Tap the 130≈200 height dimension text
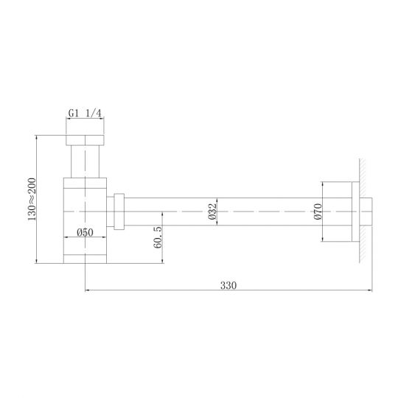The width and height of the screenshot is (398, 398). tap(31, 198)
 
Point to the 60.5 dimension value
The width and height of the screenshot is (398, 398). tap(158, 238)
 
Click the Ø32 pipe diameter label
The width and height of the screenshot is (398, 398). tap(211, 212)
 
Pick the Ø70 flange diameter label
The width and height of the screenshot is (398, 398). tap(318, 212)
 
